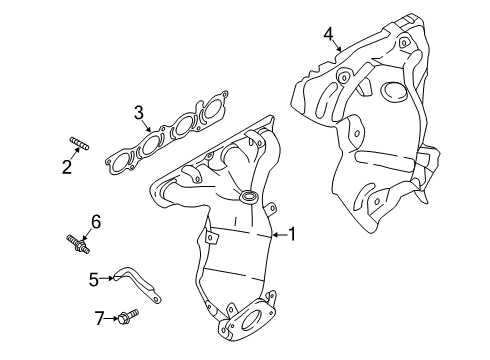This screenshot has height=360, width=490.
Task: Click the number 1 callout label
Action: pos(292,234)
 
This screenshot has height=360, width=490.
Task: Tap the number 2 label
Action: pos(67,167)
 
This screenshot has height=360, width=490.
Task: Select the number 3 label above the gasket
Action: pos(139,113)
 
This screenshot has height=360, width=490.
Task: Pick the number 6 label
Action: pos(96,220)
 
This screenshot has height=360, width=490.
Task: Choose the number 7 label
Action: pos(99,318)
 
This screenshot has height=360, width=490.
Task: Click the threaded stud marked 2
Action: pos(79,149)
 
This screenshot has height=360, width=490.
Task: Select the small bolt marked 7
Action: pos(124,319)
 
